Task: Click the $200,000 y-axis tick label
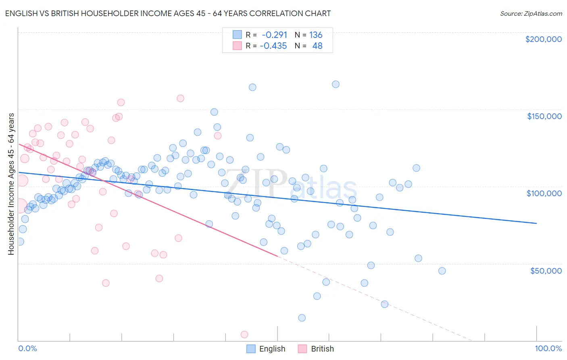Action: click(x=543, y=39)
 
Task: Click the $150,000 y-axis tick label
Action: click(x=544, y=116)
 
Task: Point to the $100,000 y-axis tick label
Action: click(x=544, y=193)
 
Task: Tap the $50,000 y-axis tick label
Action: click(x=546, y=271)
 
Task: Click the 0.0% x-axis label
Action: click(x=27, y=348)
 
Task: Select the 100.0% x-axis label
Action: click(x=548, y=348)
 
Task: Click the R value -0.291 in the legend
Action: click(x=274, y=35)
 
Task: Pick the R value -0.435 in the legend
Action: click(x=273, y=46)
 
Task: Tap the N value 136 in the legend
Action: click(x=315, y=35)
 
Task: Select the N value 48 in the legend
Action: click(x=317, y=46)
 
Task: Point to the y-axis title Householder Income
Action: click(x=11, y=184)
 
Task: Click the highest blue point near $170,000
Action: click(x=336, y=84)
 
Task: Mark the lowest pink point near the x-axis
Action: click(x=244, y=334)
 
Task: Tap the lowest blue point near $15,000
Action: click(x=302, y=318)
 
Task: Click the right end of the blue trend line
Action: click(x=536, y=223)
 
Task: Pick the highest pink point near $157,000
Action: click(x=180, y=98)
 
